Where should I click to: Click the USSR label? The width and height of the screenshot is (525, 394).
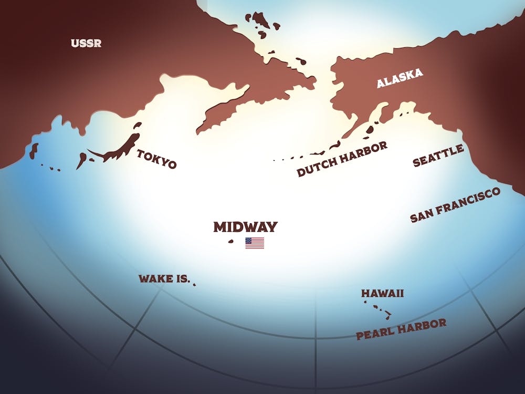[86, 43]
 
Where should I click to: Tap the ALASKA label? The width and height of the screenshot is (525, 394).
[400, 79]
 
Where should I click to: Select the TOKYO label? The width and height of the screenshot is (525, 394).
[157, 159]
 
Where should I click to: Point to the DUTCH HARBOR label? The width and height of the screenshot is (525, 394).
[342, 159]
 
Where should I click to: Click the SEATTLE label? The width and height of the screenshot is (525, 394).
[438, 156]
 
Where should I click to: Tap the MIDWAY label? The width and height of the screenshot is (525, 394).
[245, 227]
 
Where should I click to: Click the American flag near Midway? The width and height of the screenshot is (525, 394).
[255, 243]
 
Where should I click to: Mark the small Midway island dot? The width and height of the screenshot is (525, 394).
[230, 242]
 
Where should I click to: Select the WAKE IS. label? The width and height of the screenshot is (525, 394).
[164, 278]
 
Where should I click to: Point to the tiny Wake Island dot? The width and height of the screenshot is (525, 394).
[194, 285]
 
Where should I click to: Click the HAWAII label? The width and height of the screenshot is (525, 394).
[382, 293]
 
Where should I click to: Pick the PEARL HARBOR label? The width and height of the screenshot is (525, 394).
[401, 329]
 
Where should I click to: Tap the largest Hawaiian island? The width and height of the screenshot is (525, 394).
[388, 316]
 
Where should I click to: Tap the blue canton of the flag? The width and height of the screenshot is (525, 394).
[249, 241]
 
